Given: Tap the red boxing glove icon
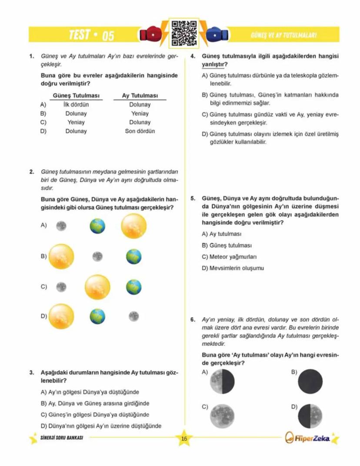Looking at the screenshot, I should coord(149,35).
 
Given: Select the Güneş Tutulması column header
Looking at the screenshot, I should coord(76,96).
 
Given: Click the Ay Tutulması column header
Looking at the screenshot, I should coord(140,96).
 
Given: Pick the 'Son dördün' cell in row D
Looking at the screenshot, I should coord(140,131).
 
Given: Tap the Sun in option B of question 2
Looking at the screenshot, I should coord(61,256).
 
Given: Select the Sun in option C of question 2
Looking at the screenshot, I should coord(98,287).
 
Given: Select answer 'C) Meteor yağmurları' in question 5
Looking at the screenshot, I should coord(230,257).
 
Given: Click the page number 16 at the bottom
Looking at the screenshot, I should coord(184,439).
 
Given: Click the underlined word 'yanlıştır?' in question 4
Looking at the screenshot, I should coord(213,65).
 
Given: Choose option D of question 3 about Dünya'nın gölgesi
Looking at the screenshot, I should coord(101,426).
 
